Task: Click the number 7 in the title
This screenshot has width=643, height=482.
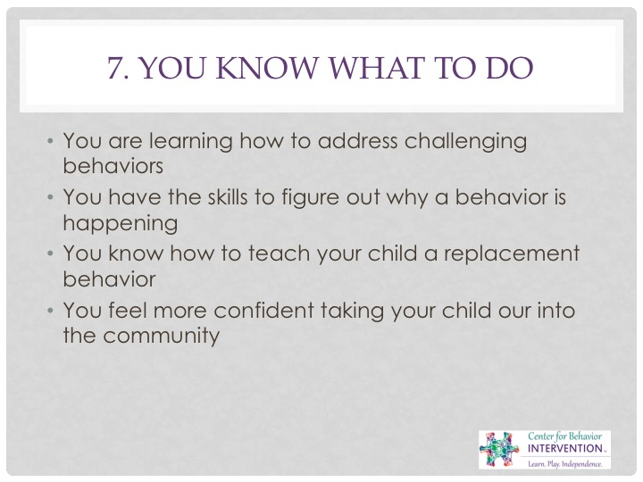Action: pyautogui.click(x=115, y=68)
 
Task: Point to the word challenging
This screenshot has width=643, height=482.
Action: pyautogui.click(x=465, y=142)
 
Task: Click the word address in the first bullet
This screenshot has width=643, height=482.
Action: pyautogui.click(x=357, y=141)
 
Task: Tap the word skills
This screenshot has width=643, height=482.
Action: pyautogui.click(x=228, y=196)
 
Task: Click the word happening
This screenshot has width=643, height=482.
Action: pyautogui.click(x=121, y=224)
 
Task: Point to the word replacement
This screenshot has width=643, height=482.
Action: pyautogui.click(x=512, y=254)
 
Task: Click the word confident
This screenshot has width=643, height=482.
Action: pyautogui.click(x=263, y=310)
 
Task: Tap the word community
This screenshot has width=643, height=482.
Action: pyautogui.click(x=161, y=337)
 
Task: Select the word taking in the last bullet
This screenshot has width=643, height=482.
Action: pyautogui.click(x=353, y=312)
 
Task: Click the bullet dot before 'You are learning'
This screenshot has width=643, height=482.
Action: pyautogui.click(x=50, y=141)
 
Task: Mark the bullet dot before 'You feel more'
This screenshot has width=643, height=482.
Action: pyautogui.click(x=50, y=311)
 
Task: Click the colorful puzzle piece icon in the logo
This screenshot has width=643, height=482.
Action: pyautogui.click(x=499, y=450)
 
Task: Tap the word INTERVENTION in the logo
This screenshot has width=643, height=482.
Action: pyautogui.click(x=564, y=448)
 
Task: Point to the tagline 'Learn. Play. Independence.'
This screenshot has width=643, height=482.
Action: pyautogui.click(x=565, y=464)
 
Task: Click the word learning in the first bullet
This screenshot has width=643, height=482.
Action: pyautogui.click(x=191, y=142)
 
